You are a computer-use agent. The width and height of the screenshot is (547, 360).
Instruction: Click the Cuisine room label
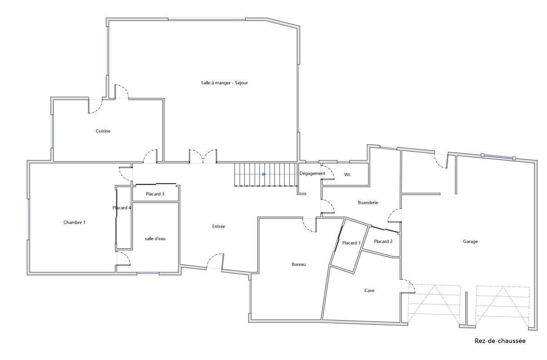[x=103, y=131]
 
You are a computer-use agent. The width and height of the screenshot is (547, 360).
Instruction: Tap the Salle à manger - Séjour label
[x=224, y=83]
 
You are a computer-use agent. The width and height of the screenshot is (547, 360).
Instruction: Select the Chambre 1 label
[x=75, y=222]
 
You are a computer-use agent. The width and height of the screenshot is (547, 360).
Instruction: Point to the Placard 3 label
[x=155, y=194]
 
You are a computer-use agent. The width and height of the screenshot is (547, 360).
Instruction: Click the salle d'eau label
[x=155, y=239]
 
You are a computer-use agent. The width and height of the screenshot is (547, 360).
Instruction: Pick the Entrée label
[x=218, y=227]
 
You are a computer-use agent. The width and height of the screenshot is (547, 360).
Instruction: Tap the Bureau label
[x=298, y=264]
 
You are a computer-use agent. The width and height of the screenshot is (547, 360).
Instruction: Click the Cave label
[x=369, y=290]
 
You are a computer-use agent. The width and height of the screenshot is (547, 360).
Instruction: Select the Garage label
[x=470, y=241]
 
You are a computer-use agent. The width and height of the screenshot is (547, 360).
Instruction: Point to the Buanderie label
[x=368, y=202]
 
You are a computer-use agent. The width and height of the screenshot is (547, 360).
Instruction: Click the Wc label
[x=347, y=175]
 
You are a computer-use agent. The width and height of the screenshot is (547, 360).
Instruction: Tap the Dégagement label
[x=312, y=173]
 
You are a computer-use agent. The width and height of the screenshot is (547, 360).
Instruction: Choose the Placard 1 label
[x=351, y=243]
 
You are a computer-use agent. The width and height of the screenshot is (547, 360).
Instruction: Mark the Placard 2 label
[x=383, y=241]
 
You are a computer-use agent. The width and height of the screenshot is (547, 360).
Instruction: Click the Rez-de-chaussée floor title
[x=500, y=341]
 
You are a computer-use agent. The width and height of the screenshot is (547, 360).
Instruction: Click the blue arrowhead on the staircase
[x=264, y=174]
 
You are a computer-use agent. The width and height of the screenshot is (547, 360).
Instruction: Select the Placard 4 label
[x=122, y=208]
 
